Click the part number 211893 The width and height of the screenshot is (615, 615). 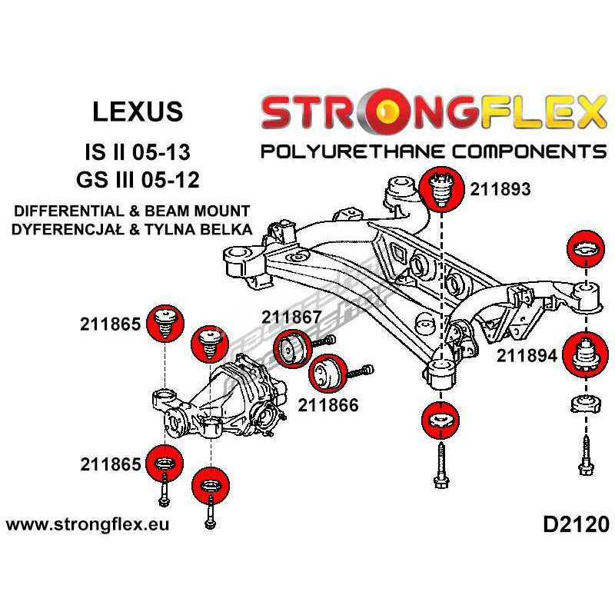click(x=500, y=188)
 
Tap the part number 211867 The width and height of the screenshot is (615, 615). click(x=292, y=316)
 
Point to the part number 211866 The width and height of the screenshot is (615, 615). click(x=329, y=404)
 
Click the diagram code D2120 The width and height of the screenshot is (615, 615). click(x=576, y=525)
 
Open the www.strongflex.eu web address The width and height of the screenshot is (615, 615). click(x=88, y=525)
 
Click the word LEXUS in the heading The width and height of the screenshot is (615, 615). click(x=138, y=112)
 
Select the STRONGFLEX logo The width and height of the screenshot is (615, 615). click(x=433, y=113)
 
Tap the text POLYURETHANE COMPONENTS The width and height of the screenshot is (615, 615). click(x=433, y=151)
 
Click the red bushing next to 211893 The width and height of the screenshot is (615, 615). click(x=442, y=188)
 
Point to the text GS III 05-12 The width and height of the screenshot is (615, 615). click(x=138, y=181)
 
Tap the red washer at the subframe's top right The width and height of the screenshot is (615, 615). click(x=586, y=251)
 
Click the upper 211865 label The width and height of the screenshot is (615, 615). click(x=110, y=324)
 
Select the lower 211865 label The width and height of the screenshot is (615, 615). click(x=110, y=464)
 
